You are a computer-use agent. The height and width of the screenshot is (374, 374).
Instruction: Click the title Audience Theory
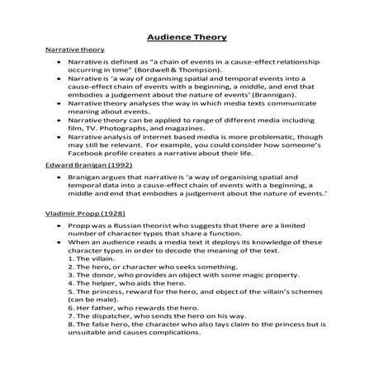(x=186, y=37)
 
